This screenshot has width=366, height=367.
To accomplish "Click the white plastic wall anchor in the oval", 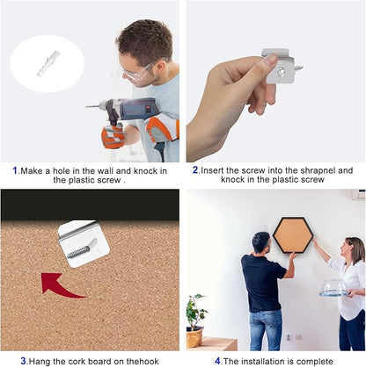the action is pyautogui.click(x=48, y=63).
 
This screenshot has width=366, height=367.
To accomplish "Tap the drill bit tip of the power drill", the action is pyautogui.click(x=86, y=107).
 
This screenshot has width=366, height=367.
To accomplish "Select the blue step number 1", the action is pyautogui.click(x=15, y=170).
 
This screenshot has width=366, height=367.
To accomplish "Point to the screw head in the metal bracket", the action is pyautogui.click(x=282, y=70).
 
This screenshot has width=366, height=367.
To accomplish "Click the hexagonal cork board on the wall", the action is pyautogui.click(x=293, y=235).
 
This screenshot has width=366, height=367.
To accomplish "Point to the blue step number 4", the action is pyautogui.click(x=217, y=361).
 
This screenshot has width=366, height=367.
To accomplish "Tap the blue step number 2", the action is pyautogui.click(x=195, y=170).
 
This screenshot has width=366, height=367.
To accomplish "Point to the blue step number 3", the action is pyautogui.click(x=24, y=361).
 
